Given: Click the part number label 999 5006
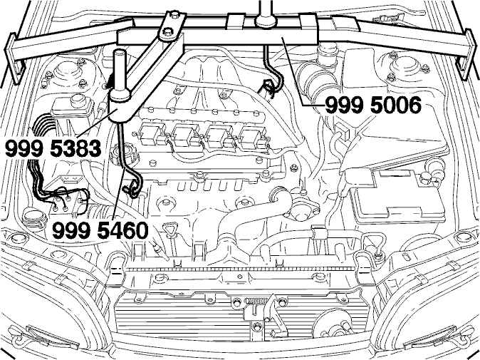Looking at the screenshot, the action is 373,105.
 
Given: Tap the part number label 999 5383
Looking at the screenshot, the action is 53,148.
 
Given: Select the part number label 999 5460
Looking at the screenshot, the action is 100,230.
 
